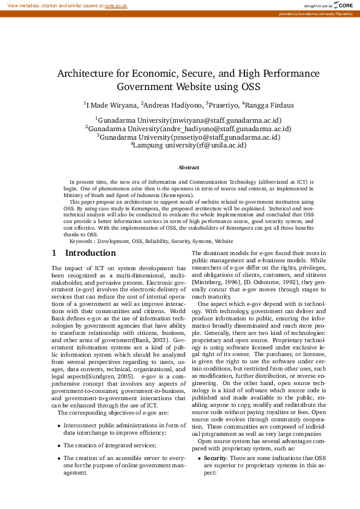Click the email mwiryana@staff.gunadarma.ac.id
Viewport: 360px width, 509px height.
[x=225, y=120]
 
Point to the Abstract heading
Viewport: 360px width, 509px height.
[x=189, y=167]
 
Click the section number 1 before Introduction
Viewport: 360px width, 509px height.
[x=54, y=253]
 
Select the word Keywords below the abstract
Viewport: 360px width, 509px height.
[x=82, y=241]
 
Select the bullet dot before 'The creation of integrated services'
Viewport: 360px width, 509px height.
[x=59, y=446]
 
